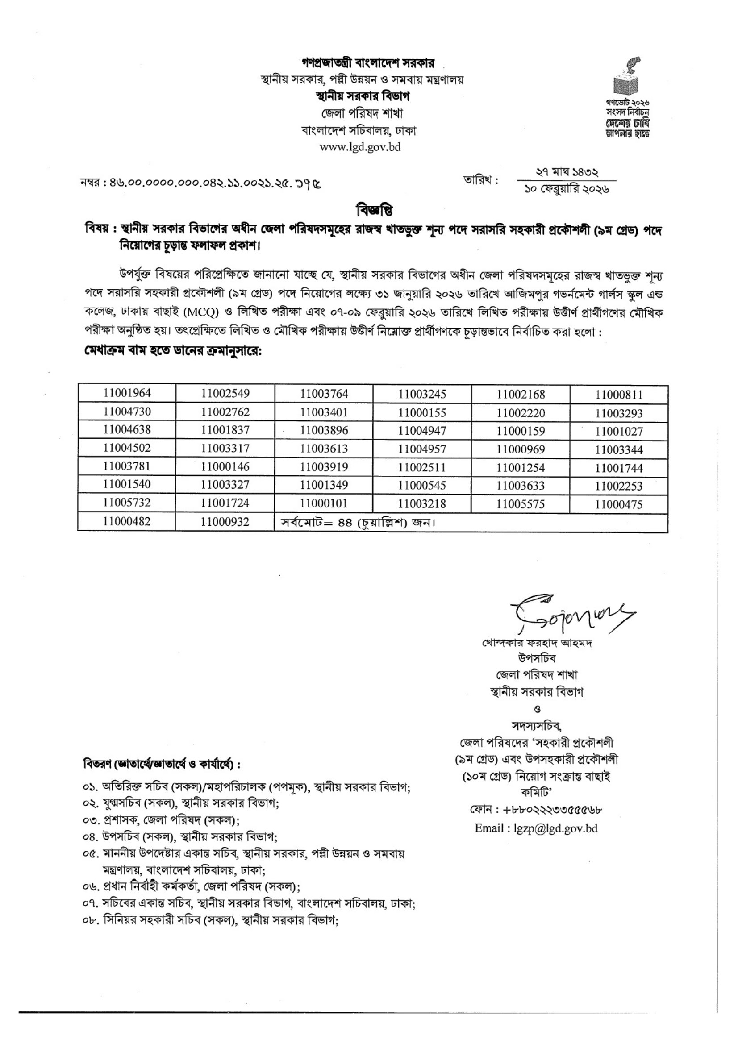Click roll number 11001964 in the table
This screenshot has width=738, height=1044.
pos(127,393)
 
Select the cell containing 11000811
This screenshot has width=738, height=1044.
pos(619,395)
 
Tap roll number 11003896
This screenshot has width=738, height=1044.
pos(324,430)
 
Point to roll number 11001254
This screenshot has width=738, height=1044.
pos(520,467)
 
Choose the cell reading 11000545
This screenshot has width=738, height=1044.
pos(422,485)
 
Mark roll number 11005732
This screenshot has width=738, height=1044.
pos(127,503)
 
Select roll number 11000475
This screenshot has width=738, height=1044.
pos(619,504)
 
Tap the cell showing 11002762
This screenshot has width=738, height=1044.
pos(225,412)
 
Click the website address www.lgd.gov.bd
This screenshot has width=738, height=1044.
pos(360,147)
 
